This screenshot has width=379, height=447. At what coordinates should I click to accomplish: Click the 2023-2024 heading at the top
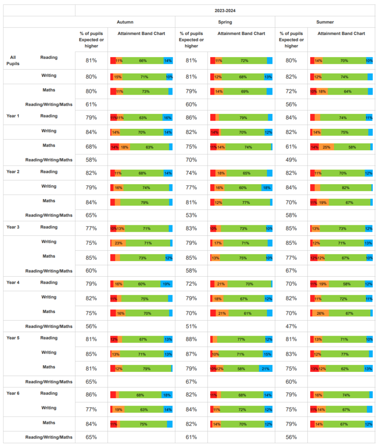click(x=225, y=10)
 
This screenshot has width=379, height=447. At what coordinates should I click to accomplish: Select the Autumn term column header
click(x=125, y=22)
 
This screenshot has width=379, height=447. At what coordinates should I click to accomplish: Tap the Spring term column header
click(x=225, y=22)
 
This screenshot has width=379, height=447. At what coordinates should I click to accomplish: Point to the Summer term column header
click(x=325, y=22)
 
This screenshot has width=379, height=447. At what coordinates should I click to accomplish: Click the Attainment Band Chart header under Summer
click(x=341, y=33)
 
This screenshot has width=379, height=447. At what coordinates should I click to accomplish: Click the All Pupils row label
click(x=13, y=60)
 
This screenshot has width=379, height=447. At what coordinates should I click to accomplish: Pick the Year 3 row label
click(x=13, y=227)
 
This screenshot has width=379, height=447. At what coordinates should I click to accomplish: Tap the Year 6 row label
click(x=13, y=393)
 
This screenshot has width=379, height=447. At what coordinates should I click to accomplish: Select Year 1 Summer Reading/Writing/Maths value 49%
click(x=291, y=160)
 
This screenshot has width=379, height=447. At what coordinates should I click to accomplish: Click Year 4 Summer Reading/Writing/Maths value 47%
click(x=291, y=327)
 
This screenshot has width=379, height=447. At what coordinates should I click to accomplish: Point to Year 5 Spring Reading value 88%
click(x=191, y=339)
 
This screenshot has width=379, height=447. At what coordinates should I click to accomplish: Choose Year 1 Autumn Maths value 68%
click(x=91, y=147)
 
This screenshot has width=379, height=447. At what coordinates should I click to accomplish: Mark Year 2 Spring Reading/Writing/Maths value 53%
click(x=191, y=215)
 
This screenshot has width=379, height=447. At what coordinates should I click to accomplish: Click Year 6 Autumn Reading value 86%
click(x=91, y=395)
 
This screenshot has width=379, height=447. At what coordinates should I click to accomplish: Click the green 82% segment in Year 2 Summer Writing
click(x=346, y=188)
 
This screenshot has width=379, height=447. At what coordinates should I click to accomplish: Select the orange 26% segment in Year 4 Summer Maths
click(x=321, y=313)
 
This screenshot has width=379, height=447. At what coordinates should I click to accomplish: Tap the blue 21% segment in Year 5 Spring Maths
click(x=266, y=368)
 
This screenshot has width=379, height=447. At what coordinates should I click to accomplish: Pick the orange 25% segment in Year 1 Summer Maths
click(x=326, y=147)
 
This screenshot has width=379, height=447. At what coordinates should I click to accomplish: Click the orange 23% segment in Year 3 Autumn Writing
click(x=119, y=243)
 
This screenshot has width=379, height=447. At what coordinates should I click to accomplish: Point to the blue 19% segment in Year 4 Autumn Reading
click(x=167, y=284)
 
